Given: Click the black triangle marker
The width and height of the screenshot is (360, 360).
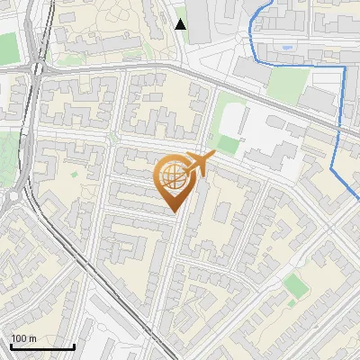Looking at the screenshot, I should tap(180, 24).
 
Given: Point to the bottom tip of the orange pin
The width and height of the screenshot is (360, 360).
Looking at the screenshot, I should tap(172, 212).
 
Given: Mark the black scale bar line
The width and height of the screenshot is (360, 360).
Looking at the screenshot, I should tap(42, 346).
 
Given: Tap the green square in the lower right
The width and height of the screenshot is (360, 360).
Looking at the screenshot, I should tap(294, 285).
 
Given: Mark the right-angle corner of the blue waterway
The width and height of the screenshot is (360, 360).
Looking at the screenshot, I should tap(344, 67).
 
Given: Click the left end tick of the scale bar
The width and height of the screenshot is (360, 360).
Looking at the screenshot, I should tap(11, 346).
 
